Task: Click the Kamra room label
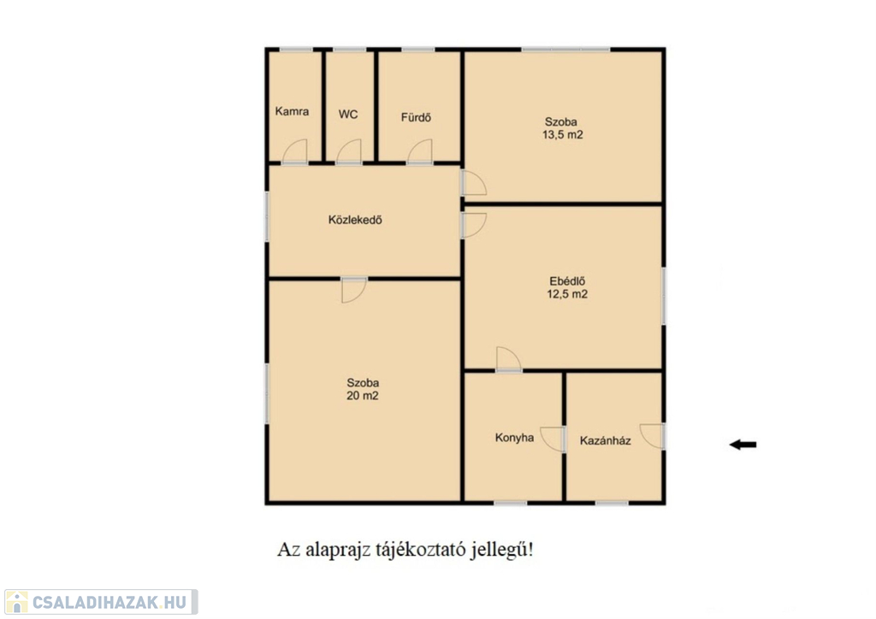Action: pos(292,111)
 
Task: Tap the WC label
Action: pos(348,115)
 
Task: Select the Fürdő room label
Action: pos(417,117)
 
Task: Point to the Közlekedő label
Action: pos(355,220)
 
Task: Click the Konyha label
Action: pos(514,438)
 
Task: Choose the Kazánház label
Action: pos(606,440)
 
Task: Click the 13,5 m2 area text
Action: pos(563,134)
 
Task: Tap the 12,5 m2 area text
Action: pos(567,294)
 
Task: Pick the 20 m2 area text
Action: pos(363,396)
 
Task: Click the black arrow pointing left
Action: pos(743,445)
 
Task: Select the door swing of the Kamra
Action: pos(295,150)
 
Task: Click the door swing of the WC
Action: pos(349,150)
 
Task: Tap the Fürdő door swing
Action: pos(419,150)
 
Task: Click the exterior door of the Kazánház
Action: pos(652,436)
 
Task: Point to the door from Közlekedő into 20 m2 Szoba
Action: pos(354,290)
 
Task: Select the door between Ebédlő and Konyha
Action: pos(508,359)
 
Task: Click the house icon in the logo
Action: pos(16,602)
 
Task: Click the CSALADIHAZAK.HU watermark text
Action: pos(109,602)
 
